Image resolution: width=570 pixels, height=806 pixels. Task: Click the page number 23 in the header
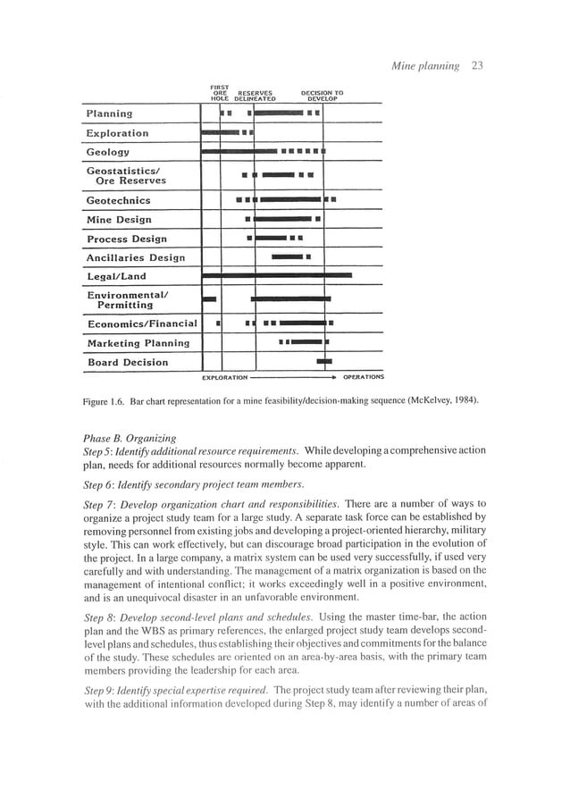pyautogui.click(x=477, y=65)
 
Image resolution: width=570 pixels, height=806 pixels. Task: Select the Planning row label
pyautogui.click(x=109, y=114)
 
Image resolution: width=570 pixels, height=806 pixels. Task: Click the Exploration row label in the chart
pyautogui.click(x=117, y=133)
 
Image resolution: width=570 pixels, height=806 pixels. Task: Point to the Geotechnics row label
pyautogui.click(x=118, y=201)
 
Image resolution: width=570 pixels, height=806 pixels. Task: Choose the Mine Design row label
pyautogui.click(x=119, y=220)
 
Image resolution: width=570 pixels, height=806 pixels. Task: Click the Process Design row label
pyautogui.click(x=126, y=239)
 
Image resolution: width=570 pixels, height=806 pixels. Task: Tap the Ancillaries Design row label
pyautogui.click(x=135, y=258)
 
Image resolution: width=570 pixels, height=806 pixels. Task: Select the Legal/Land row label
pyautogui.click(x=116, y=277)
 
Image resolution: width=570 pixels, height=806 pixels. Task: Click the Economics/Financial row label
pyautogui.click(x=141, y=324)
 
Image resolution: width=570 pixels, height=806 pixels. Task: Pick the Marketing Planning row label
pyautogui.click(x=138, y=343)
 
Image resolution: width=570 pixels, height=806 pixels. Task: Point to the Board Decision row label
pyautogui.click(x=127, y=363)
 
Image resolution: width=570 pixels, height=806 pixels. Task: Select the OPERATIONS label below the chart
pyautogui.click(x=364, y=377)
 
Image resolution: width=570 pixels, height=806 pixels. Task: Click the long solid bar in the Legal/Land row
pyautogui.click(x=277, y=276)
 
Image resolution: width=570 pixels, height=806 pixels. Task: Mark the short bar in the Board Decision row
pyautogui.click(x=324, y=362)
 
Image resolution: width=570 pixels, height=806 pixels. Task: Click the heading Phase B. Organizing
pyautogui.click(x=130, y=438)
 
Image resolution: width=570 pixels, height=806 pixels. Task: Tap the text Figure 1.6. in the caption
pyautogui.click(x=105, y=400)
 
